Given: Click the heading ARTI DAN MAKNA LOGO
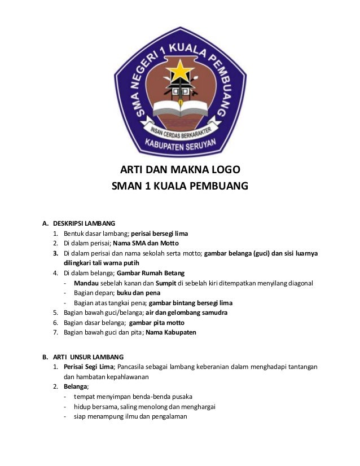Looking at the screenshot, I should point(180,170).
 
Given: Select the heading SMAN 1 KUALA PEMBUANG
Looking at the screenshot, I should point(180,186).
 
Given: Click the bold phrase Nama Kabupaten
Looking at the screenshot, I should point(171,333).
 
